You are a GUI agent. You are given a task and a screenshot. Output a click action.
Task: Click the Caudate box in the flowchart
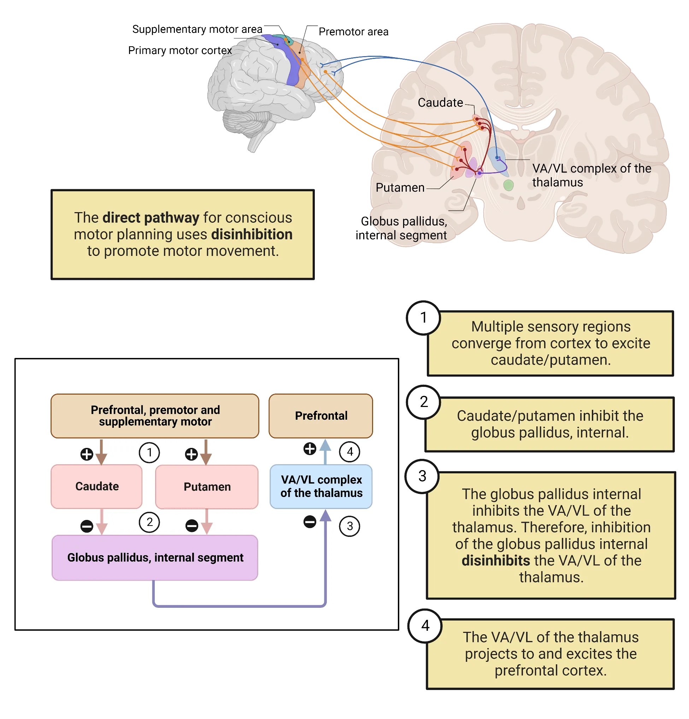click(96, 486)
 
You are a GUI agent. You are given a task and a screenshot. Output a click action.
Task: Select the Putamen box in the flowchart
click(207, 487)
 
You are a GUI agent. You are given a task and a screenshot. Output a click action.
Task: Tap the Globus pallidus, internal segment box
click(155, 558)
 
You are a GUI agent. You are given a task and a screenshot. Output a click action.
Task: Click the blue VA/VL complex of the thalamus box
click(321, 486)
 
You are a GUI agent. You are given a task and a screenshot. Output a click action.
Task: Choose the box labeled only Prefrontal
click(320, 416)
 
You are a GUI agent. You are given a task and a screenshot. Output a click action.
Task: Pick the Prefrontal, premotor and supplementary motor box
click(155, 416)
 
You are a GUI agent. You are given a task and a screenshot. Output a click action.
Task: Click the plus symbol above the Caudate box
click(87, 454)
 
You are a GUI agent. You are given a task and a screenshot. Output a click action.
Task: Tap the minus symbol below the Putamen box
click(192, 526)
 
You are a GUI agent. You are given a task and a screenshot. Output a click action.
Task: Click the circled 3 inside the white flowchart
click(349, 526)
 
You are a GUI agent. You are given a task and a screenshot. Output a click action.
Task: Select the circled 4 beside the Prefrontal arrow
click(349, 451)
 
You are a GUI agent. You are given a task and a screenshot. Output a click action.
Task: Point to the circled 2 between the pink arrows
click(149, 522)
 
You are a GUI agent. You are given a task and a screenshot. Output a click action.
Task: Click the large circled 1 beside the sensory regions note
click(423, 318)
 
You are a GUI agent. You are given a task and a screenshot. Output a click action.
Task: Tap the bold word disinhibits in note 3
click(495, 561)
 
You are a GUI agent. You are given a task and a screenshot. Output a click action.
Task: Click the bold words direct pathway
click(151, 218)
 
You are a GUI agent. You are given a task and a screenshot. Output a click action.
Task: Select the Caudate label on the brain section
click(440, 103)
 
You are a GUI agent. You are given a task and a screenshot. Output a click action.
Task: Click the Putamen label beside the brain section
click(400, 188)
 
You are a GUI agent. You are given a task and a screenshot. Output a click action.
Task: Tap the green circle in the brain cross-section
click(508, 185)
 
